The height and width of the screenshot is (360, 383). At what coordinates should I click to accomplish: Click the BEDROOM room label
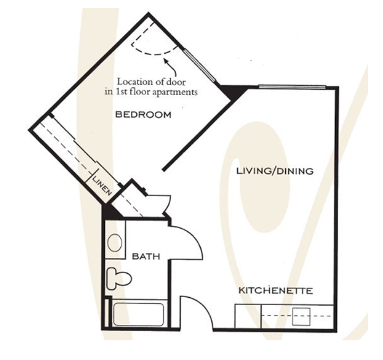point(143,114)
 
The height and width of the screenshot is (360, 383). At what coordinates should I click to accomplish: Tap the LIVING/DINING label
point(275,171)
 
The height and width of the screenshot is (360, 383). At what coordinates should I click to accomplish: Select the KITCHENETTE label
point(276,290)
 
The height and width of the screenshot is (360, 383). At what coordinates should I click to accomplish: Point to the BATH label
point(146,256)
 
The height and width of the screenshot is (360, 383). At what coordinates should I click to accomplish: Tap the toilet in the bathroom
point(119,279)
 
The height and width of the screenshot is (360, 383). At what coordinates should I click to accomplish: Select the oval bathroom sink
point(115,243)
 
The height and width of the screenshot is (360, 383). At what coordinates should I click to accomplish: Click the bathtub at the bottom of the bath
point(138,314)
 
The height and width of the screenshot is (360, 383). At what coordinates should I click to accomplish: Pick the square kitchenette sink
point(301,316)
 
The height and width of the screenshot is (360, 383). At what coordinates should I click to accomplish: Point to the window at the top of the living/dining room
point(292,86)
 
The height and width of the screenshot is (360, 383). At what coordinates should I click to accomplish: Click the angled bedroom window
point(200,65)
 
